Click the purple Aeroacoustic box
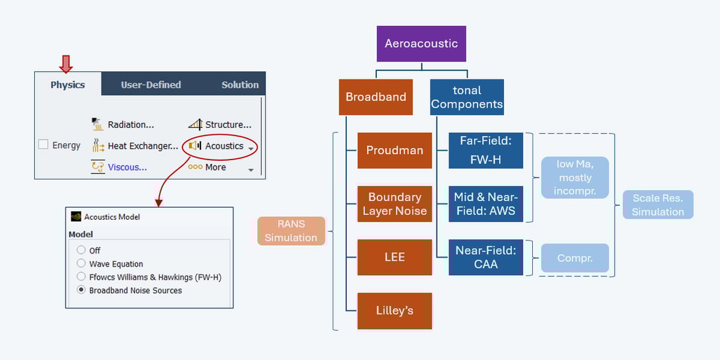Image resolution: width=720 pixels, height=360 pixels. [421, 43]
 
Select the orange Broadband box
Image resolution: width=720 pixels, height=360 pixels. [376, 97]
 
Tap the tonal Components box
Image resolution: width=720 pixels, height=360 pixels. [467, 97]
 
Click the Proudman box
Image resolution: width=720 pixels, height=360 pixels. [394, 151]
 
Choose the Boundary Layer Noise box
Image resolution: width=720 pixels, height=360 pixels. [394, 203]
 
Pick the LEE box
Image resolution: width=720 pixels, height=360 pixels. [394, 257]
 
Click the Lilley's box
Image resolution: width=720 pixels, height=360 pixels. [394, 311]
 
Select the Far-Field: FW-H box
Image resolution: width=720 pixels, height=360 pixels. [486, 151]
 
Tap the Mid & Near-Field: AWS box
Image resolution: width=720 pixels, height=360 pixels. [486, 203]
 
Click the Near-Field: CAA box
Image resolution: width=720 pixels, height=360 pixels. [486, 257]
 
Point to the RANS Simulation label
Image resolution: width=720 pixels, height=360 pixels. [291, 231]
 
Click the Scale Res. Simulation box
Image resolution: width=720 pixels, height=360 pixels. [658, 205]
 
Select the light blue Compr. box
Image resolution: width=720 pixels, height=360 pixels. [574, 258]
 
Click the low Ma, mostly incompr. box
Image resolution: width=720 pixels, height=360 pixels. [574, 178]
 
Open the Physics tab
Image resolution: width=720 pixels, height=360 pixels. [67, 85]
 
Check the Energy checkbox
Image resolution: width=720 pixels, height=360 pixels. [43, 144]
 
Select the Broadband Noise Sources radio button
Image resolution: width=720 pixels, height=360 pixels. [81, 290]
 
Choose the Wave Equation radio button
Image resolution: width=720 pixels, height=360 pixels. [81, 264]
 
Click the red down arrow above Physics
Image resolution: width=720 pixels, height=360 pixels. [66, 64]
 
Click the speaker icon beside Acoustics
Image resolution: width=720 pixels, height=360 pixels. [194, 146]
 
